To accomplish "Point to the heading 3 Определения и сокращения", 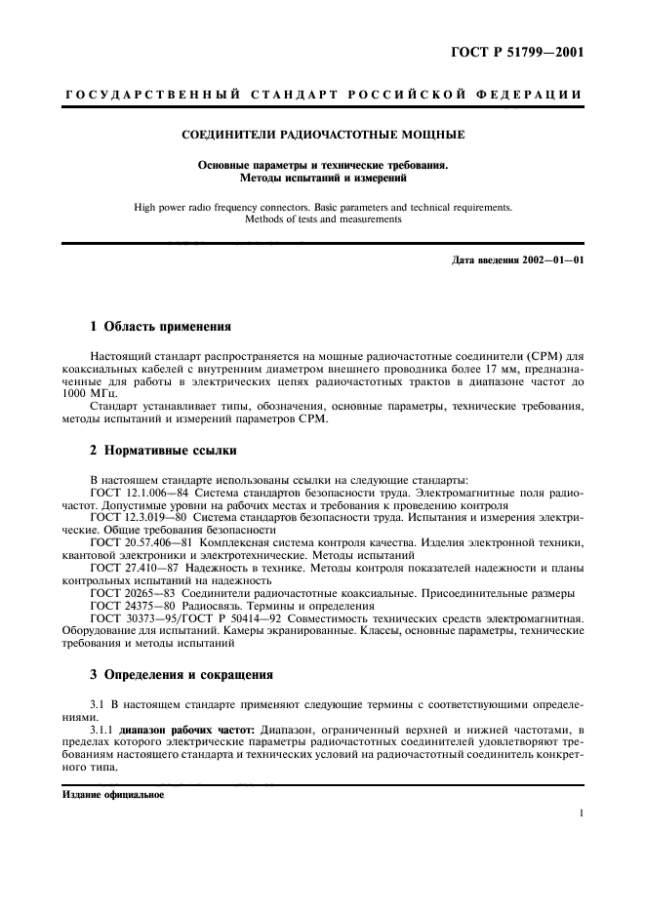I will (x=181, y=673).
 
